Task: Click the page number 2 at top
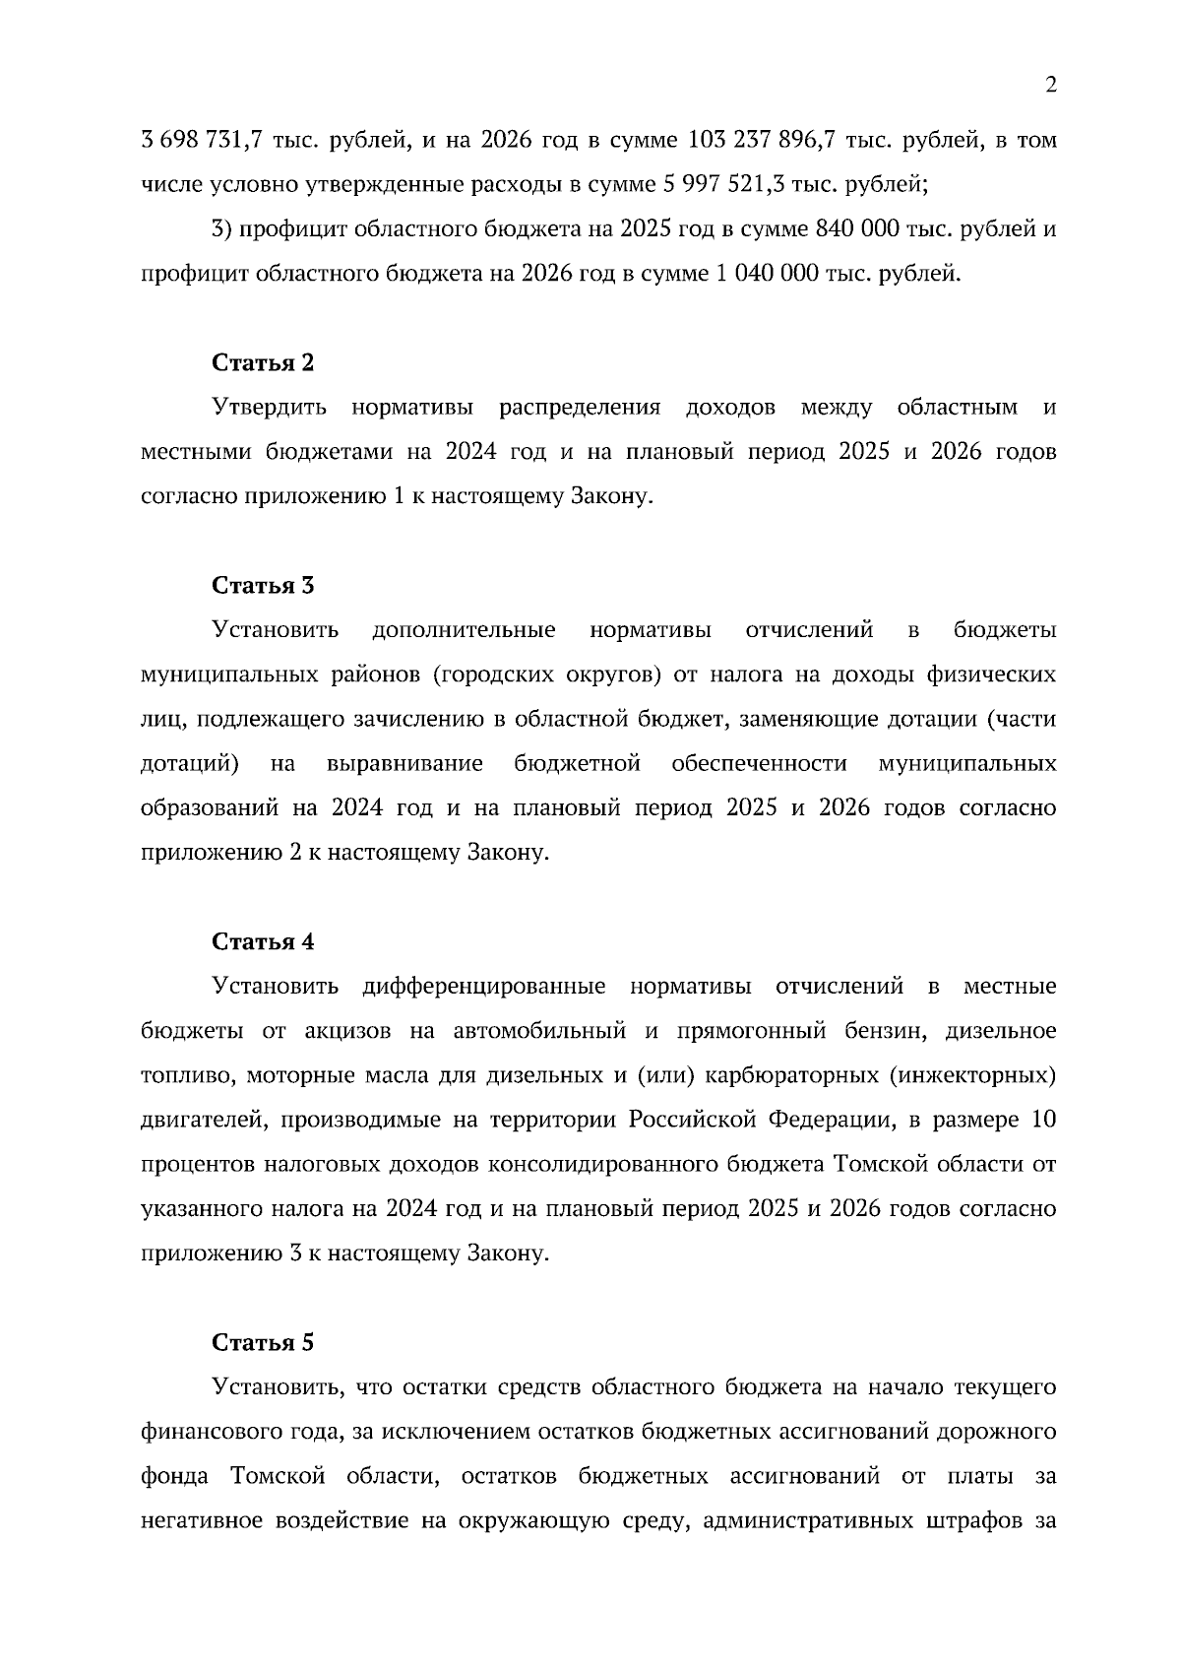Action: click(1050, 86)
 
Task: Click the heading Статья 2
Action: click(263, 362)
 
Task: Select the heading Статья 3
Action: click(263, 585)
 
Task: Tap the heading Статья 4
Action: click(263, 941)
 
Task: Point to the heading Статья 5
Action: click(263, 1343)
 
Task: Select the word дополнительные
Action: click(464, 630)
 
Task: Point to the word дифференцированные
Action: click(483, 987)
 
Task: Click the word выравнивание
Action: click(404, 764)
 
